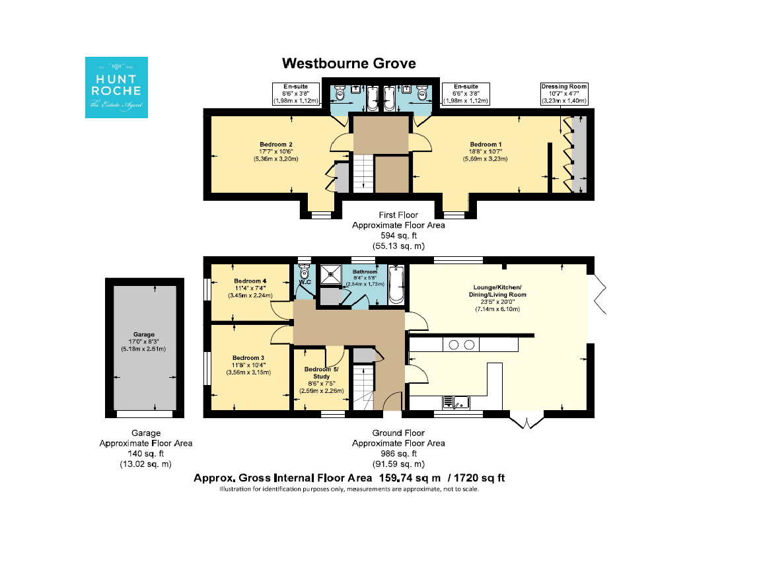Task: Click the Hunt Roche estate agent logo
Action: [116, 87]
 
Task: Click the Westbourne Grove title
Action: [349, 63]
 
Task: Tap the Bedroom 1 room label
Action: [486, 151]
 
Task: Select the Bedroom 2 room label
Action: [275, 151]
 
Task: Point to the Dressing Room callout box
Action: [564, 94]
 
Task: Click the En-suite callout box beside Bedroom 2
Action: [295, 94]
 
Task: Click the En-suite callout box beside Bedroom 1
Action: [466, 94]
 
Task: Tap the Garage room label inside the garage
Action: [143, 341]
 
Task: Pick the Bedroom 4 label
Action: [250, 288]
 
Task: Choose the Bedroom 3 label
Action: [248, 365]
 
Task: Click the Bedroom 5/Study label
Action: [321, 380]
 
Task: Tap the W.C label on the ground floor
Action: [305, 282]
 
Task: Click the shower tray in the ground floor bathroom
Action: [330, 275]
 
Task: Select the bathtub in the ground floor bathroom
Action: [396, 285]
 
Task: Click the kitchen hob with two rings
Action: [461, 345]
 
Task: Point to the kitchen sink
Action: [456, 403]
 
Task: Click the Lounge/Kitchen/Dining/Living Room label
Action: [497, 298]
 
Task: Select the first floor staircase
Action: [363, 174]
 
